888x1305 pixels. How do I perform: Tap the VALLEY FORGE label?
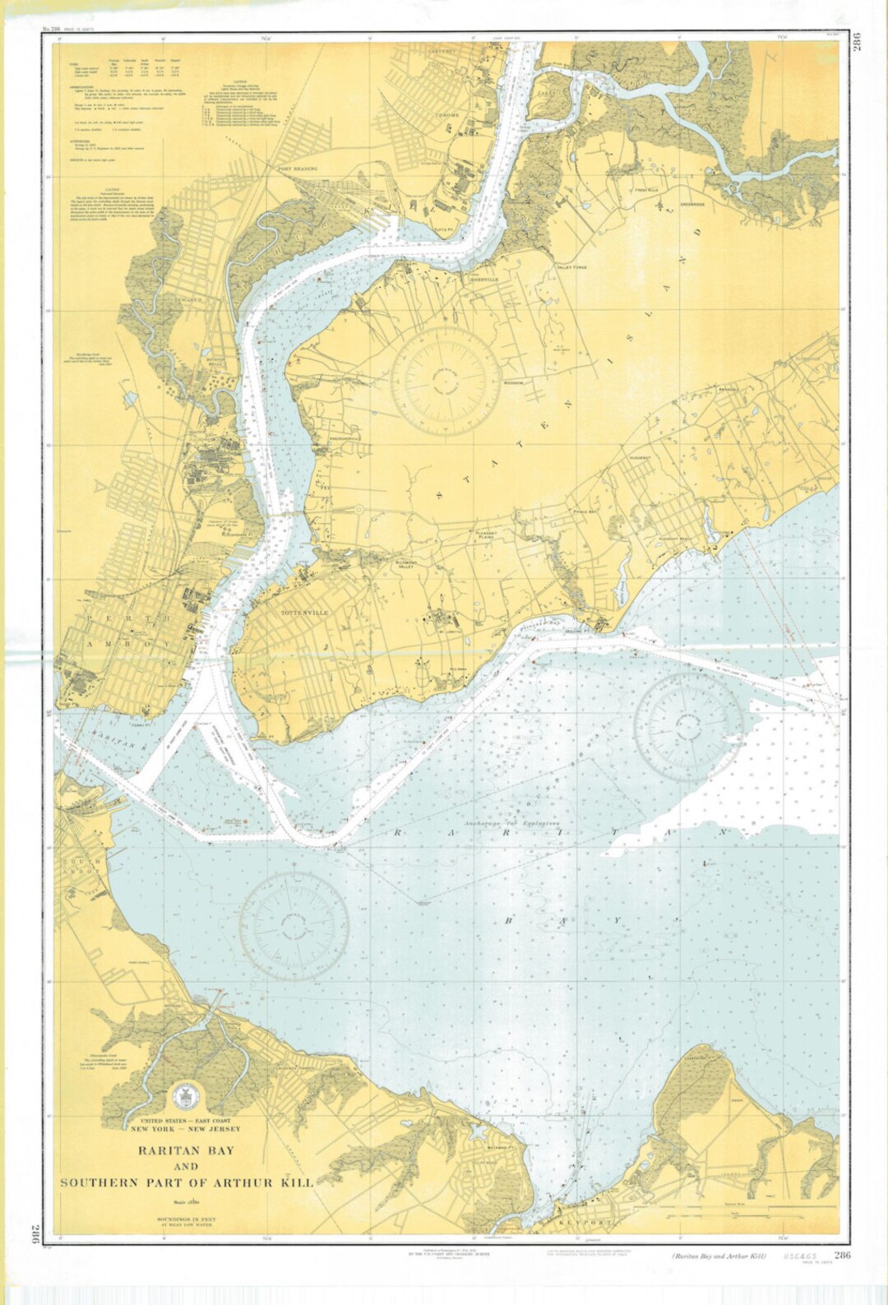(x=573, y=267)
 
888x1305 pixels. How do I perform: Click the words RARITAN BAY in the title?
(x=186, y=1150)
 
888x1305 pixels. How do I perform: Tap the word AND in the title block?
(x=187, y=1167)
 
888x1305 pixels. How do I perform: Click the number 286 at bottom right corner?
(x=842, y=1255)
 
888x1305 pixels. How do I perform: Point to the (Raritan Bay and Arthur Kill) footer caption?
(x=719, y=1256)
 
